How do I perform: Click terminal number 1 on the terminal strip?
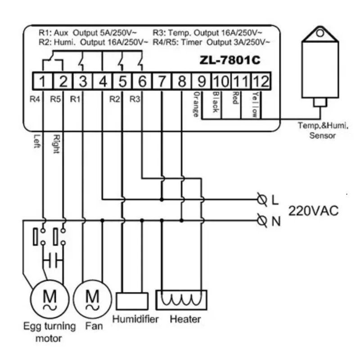[x=42, y=81]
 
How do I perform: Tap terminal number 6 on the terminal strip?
[x=142, y=81]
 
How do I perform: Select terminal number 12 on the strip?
[x=261, y=81]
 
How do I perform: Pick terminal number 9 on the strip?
[x=202, y=81]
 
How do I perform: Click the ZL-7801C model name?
[x=230, y=60]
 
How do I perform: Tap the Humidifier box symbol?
[x=132, y=301]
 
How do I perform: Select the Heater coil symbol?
[x=181, y=300]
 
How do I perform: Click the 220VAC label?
[x=313, y=211]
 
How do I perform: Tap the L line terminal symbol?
[x=262, y=200]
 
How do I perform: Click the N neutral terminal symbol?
[x=262, y=221]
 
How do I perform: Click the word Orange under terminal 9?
[x=196, y=104]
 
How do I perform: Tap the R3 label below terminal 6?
[x=135, y=99]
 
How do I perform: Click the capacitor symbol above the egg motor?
[x=53, y=261]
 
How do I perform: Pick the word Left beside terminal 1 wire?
[x=37, y=141]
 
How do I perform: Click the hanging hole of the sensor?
[x=320, y=33]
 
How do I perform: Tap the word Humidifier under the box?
[x=135, y=319]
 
